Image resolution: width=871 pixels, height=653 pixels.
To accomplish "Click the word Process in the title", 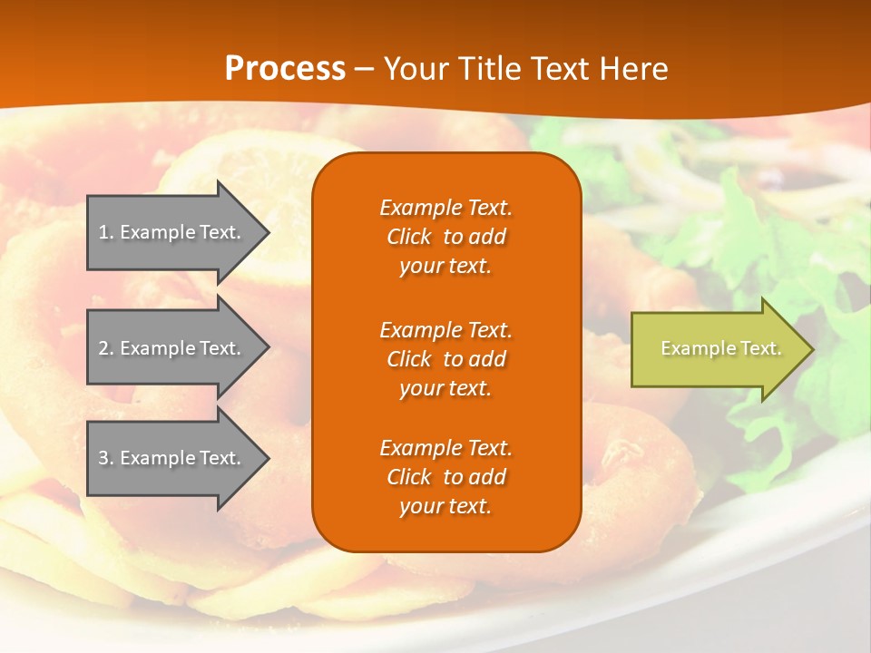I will point(285,69).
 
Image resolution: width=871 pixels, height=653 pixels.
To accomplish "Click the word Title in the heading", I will point(488,69).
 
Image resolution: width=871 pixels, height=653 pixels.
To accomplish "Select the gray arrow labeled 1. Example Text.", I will point(172,232).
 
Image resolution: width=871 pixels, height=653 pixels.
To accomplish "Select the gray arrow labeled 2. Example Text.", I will point(172,348).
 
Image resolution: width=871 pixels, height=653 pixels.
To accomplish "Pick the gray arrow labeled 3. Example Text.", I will point(172,458).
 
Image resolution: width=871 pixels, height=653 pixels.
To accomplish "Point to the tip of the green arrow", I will point(812,349).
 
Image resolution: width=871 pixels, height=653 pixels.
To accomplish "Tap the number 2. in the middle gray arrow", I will point(106,348).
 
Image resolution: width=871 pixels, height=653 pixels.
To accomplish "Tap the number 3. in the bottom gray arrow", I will point(106,458).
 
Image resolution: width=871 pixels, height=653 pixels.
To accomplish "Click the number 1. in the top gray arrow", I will point(106,232).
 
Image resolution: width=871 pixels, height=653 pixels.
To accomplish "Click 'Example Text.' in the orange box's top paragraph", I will point(445,208).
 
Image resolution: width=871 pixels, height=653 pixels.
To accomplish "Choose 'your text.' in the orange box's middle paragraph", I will point(445,388).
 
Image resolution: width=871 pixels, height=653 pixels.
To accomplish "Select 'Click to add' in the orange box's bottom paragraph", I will point(445,477).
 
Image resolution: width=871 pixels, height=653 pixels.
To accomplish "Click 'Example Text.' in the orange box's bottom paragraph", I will point(445,448).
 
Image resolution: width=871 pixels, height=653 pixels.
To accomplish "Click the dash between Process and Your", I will point(365,71).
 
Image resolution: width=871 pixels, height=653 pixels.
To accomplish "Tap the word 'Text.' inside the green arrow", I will point(760,348).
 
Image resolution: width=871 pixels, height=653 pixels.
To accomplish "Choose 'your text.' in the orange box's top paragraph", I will point(445,267).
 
